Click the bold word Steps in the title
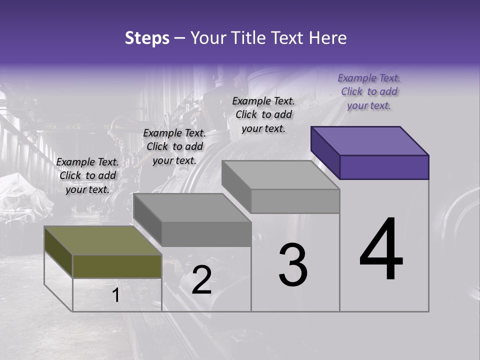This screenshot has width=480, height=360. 147,38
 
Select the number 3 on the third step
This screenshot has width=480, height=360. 293,265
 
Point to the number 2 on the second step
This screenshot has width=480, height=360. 201,280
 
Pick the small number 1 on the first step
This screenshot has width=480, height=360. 116,295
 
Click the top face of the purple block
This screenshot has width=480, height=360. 370,140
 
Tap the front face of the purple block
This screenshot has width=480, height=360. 384,167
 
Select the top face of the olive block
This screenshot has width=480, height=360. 102,240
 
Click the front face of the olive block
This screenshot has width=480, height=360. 117,266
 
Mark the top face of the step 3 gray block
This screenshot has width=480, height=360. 281,175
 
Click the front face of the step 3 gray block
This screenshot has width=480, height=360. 295,201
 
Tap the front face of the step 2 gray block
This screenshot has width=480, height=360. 206,234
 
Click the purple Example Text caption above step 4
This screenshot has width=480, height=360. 369,91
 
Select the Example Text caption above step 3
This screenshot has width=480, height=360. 263,114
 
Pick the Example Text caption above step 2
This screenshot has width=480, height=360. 174,146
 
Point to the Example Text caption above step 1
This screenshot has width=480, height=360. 87,175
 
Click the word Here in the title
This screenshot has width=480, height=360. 328,38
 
